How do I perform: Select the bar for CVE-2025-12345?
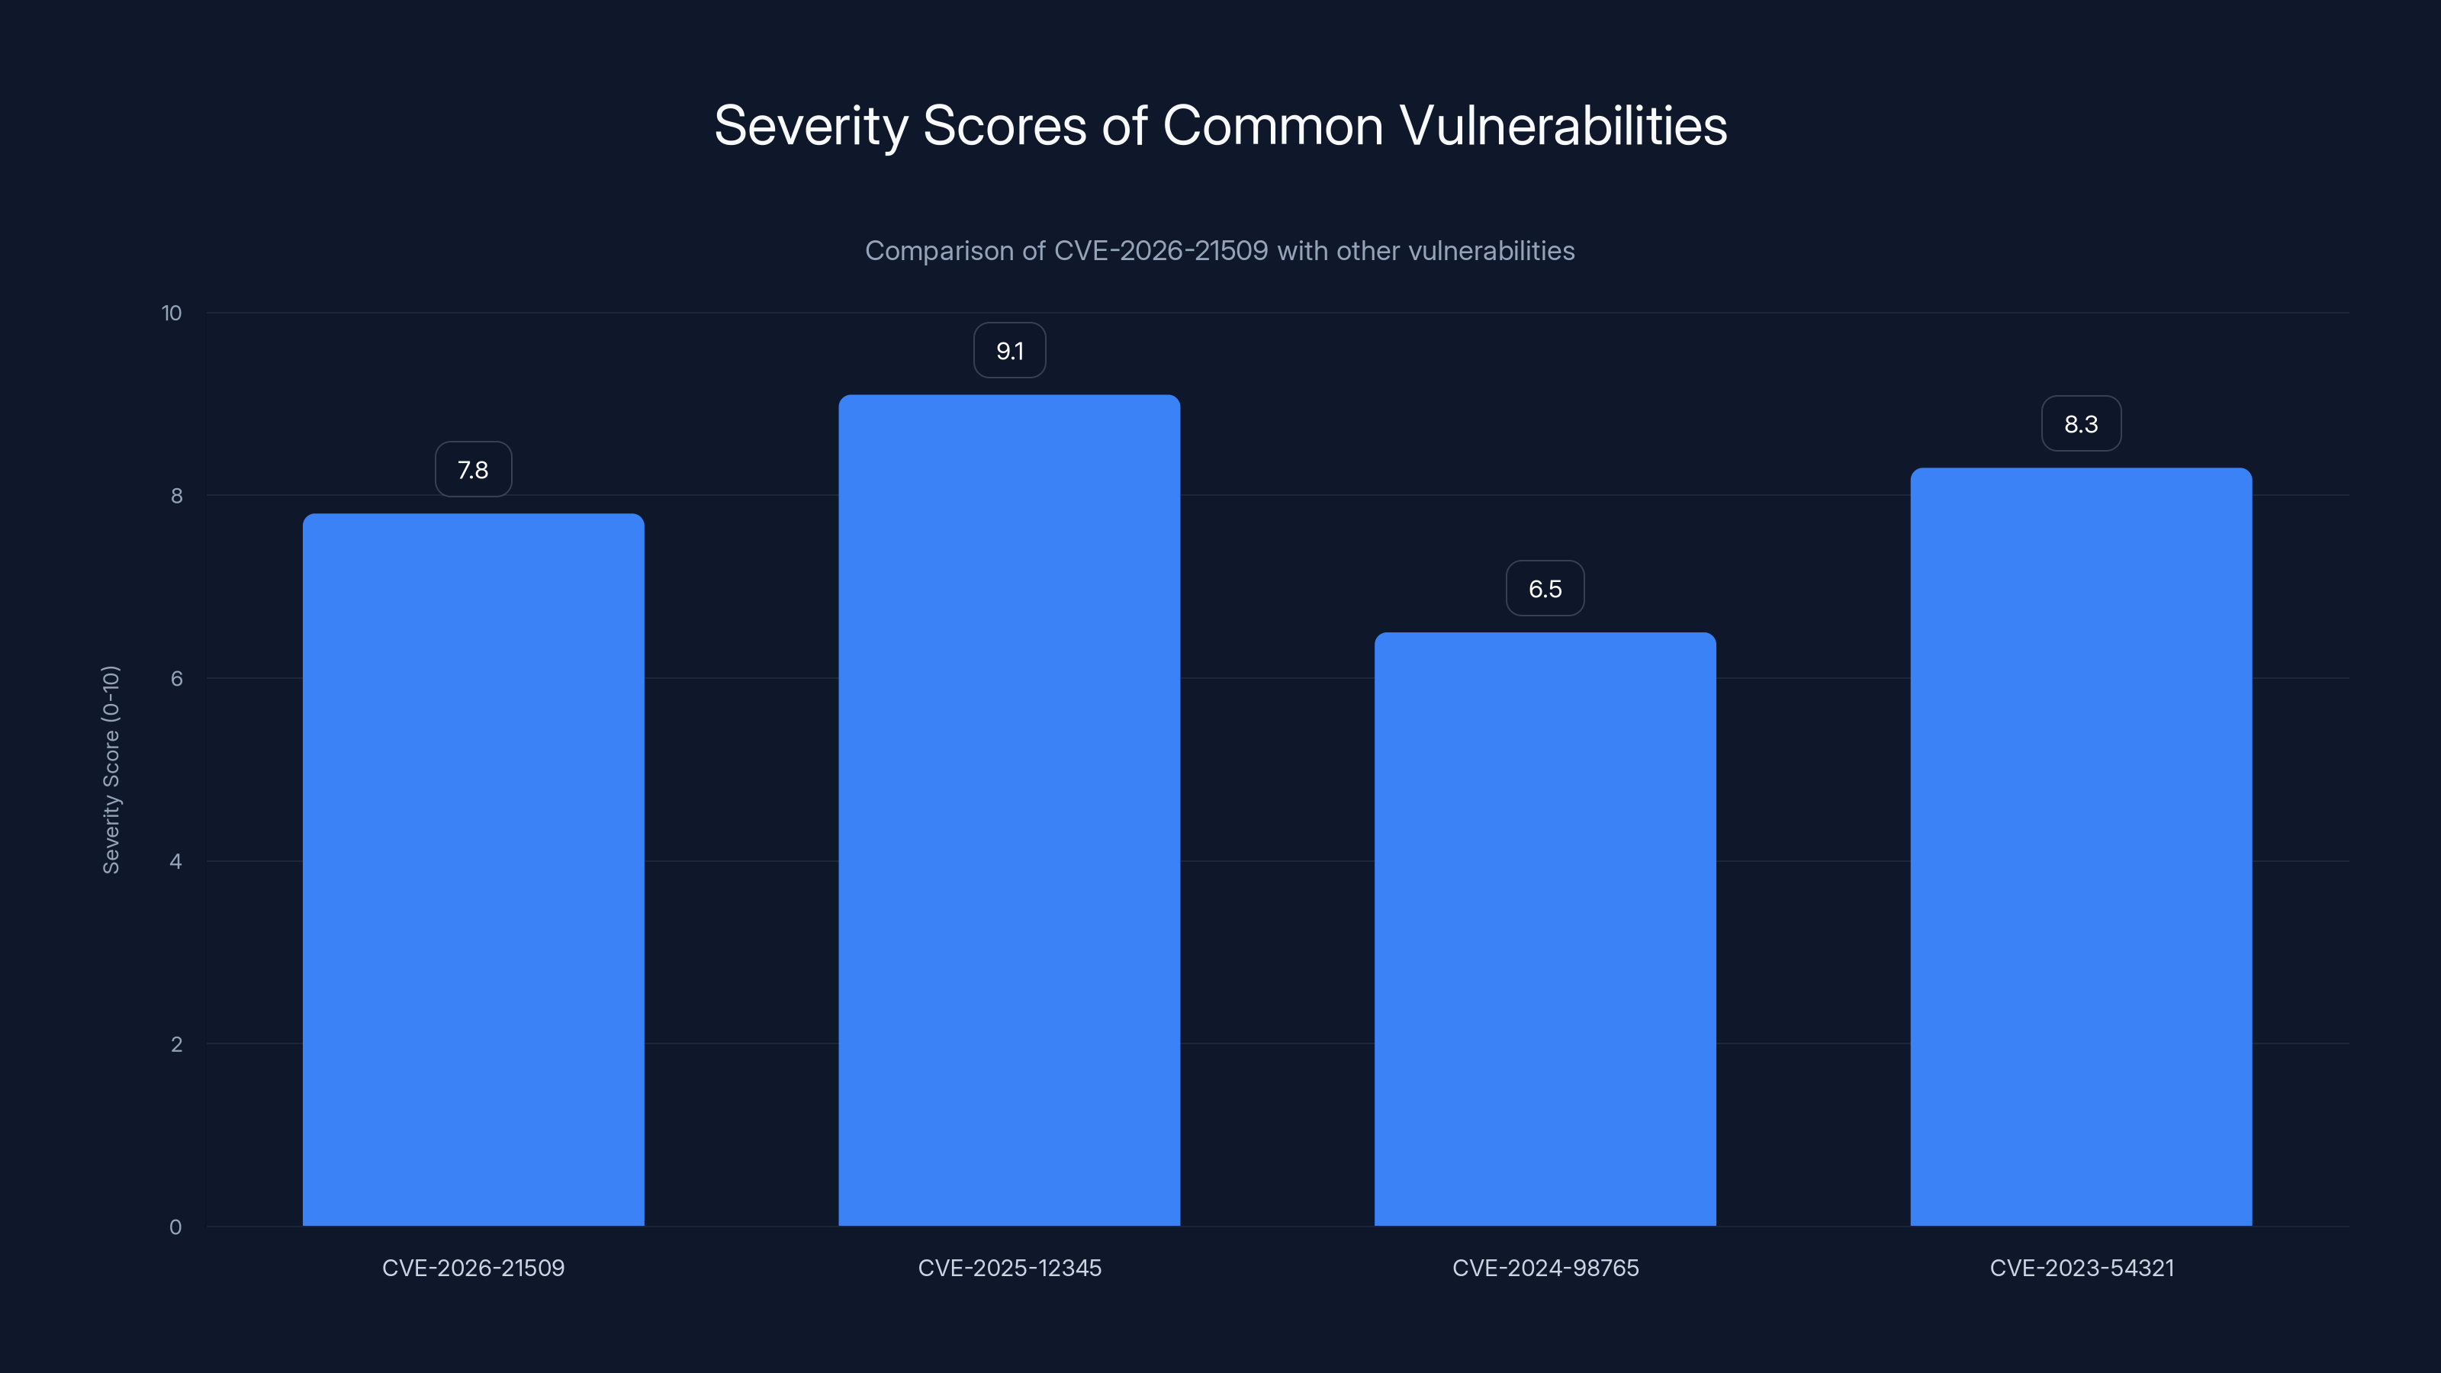1009,810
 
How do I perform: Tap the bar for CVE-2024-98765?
1545,928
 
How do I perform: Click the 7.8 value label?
473,470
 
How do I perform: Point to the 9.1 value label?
1009,351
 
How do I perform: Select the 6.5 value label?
1545,588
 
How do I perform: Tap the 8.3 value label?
2081,423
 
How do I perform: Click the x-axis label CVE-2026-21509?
473,1268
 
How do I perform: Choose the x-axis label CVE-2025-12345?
1009,1268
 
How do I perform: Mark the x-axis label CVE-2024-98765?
1545,1268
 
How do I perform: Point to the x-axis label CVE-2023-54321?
2081,1268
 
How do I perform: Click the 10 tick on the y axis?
172,313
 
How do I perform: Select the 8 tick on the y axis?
176,496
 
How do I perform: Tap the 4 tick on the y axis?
176,861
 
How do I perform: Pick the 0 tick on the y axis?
176,1227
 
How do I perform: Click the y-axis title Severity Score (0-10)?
111,770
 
